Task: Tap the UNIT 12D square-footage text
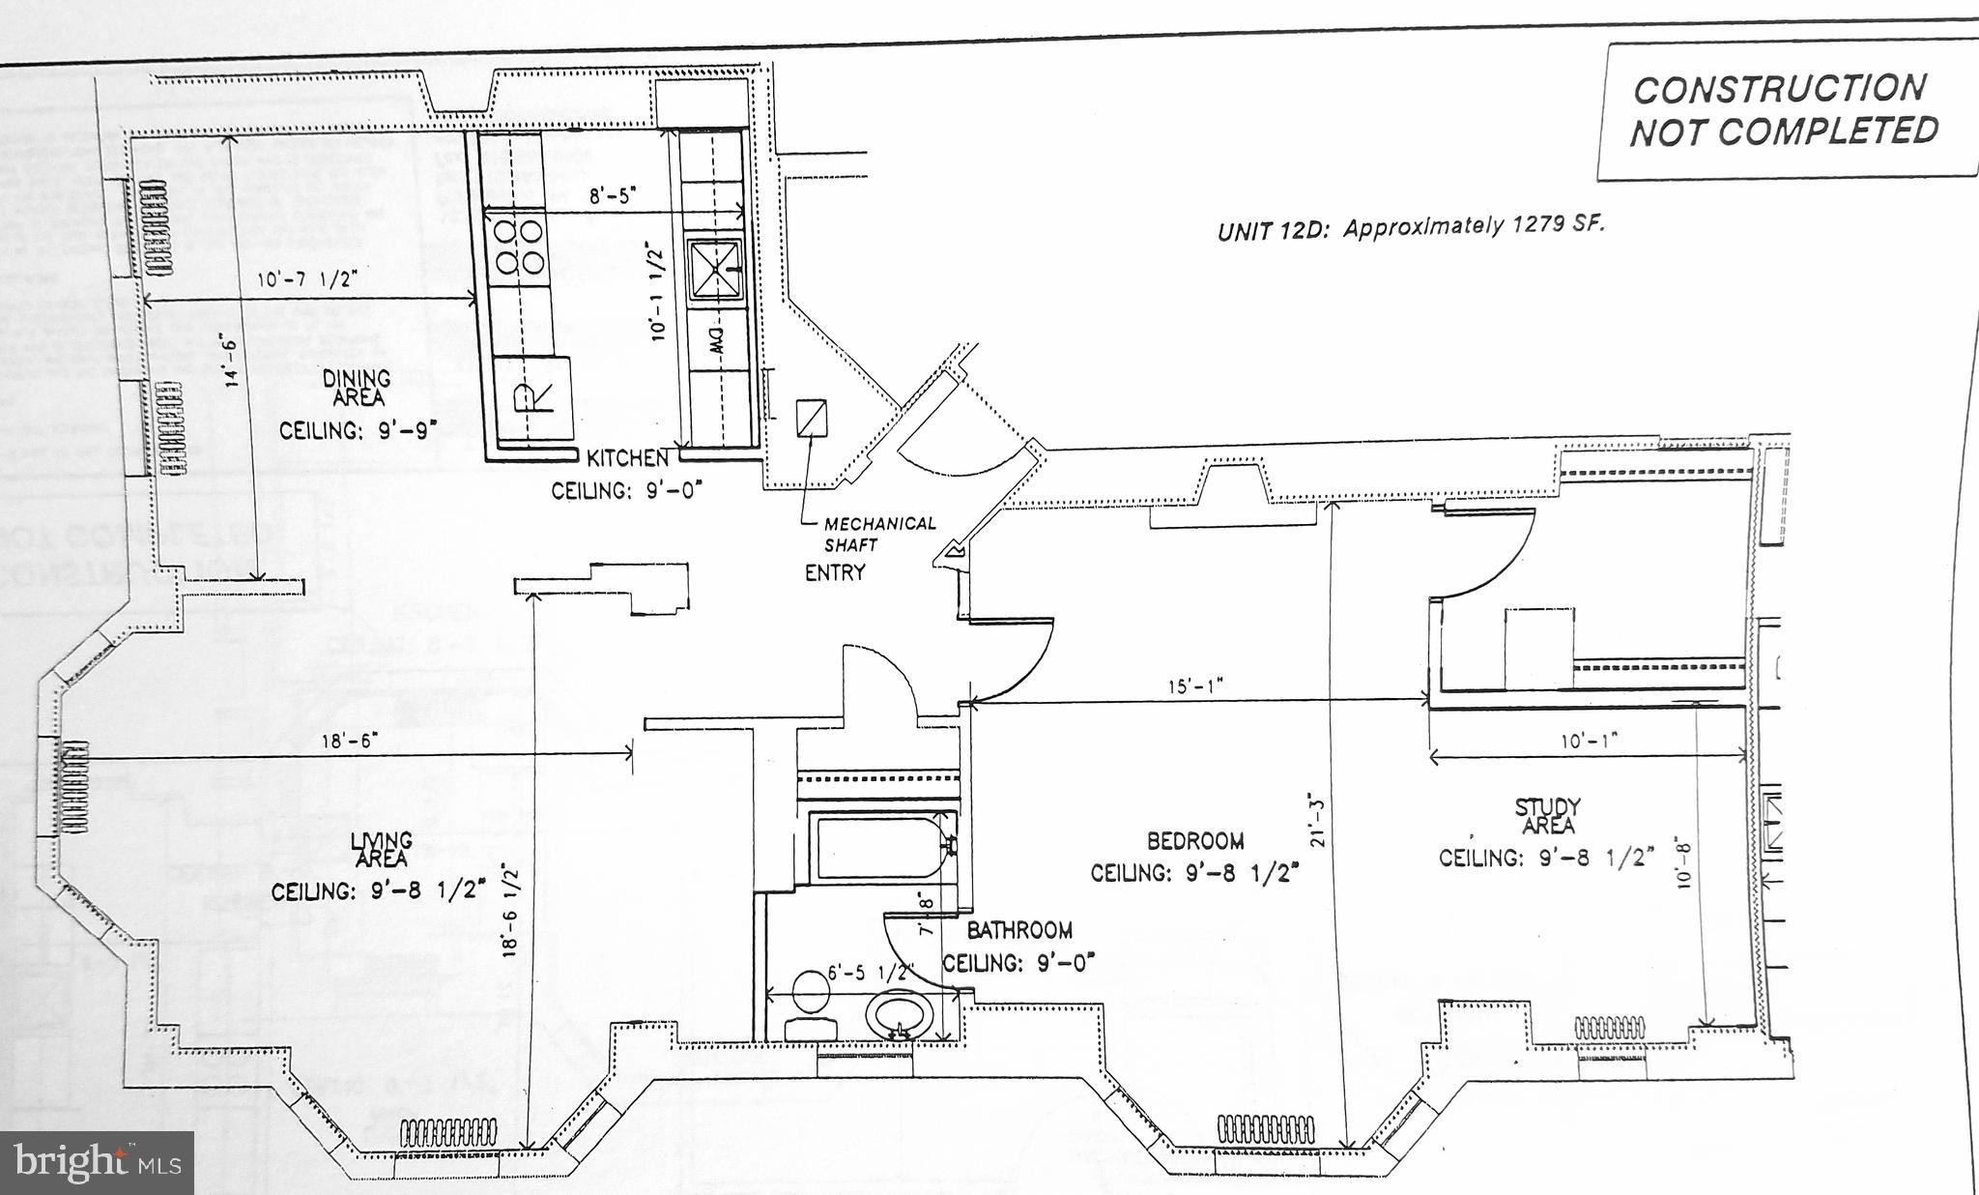[x=1410, y=228]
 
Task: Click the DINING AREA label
[x=358, y=388]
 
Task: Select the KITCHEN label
[x=627, y=458]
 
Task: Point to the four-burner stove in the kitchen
[x=519, y=247]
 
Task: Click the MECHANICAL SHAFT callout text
[x=877, y=534]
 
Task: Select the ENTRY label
[x=835, y=572]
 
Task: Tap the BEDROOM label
[x=1195, y=841]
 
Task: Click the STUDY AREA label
[x=1547, y=816]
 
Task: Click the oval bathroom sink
[x=900, y=1017]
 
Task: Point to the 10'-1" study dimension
[x=1589, y=741]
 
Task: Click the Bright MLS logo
[x=97, y=1161]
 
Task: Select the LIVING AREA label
[x=382, y=850]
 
